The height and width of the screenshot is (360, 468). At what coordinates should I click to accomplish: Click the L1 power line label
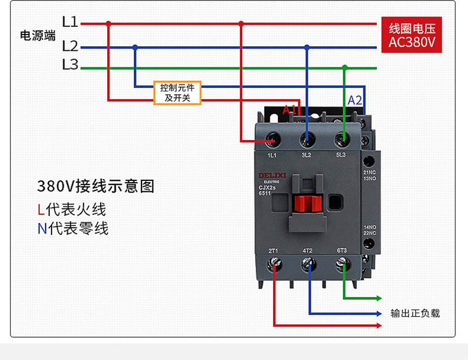pyautogui.click(x=70, y=23)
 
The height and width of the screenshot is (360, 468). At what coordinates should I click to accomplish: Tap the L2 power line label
pyautogui.click(x=70, y=46)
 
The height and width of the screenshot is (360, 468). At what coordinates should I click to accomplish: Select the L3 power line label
pyautogui.click(x=70, y=65)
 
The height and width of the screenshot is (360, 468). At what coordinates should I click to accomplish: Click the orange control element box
pyautogui.click(x=177, y=92)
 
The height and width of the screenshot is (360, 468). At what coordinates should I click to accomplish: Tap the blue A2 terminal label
pyautogui.click(x=355, y=100)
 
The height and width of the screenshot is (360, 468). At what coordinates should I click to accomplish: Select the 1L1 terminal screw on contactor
pyautogui.click(x=273, y=139)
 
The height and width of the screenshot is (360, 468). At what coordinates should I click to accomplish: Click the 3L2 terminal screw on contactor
pyautogui.click(x=307, y=139)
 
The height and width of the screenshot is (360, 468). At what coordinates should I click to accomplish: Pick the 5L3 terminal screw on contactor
pyautogui.click(x=342, y=139)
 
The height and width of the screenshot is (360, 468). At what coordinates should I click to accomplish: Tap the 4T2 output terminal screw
pyautogui.click(x=308, y=265)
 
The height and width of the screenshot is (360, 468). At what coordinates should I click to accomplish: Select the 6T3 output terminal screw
pyautogui.click(x=343, y=265)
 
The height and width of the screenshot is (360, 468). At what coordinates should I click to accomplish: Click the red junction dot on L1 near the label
pyautogui.click(x=108, y=24)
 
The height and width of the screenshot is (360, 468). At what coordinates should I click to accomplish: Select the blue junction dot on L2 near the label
pyautogui.click(x=135, y=47)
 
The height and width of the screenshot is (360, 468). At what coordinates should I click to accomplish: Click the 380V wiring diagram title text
pyautogui.click(x=96, y=187)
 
